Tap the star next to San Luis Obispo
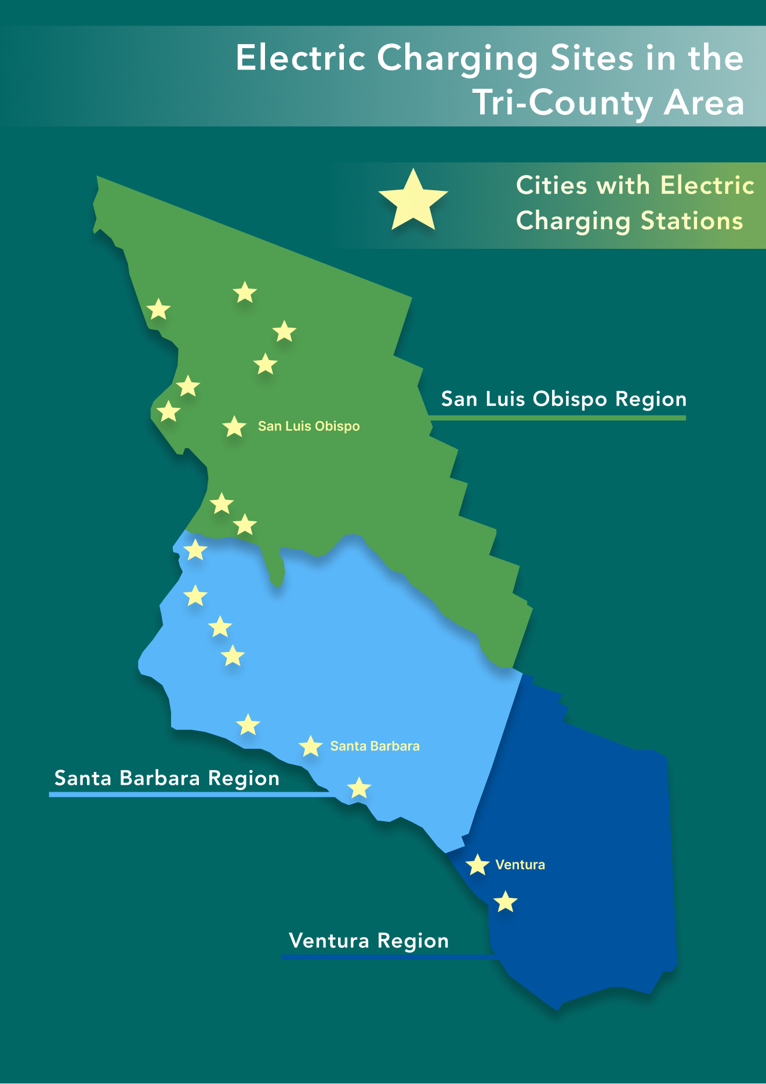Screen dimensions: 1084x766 (x=234, y=427)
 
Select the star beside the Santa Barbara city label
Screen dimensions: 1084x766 (x=311, y=746)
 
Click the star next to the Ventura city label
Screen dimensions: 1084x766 (x=477, y=865)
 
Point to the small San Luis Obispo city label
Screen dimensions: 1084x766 (x=308, y=426)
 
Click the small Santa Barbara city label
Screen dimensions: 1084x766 (x=375, y=746)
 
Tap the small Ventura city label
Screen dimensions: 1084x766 (x=520, y=865)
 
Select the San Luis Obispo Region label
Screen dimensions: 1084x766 (x=564, y=399)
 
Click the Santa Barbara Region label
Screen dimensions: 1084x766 (x=167, y=778)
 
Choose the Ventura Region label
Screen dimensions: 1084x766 (x=369, y=940)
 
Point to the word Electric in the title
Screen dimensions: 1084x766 (x=300, y=58)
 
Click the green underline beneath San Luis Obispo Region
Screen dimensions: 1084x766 (x=557, y=418)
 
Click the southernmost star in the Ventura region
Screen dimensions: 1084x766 (x=506, y=902)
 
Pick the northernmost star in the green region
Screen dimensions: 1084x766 (x=245, y=293)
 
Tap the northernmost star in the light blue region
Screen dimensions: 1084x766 (x=195, y=550)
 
